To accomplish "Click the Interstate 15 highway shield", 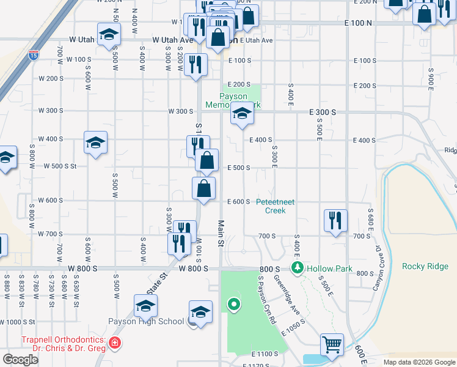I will coord(33,56).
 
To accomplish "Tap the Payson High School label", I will coord(145,321).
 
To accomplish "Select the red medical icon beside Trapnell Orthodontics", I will coord(115,344).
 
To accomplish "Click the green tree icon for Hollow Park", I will coord(298,267).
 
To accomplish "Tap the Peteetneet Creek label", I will coord(275,206).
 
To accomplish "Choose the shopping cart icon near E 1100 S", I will coord(332,344).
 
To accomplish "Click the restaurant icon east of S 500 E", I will coord(335,220).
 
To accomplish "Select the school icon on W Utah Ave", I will coord(109,34).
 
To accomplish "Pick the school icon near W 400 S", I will coord(96,143).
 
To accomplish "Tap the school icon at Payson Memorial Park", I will coord(242,114).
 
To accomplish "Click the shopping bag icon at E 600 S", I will coord(203,188).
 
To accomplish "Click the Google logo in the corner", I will coord(21,360).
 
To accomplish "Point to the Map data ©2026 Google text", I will coord(419,362).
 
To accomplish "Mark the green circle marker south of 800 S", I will coord(233,303).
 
